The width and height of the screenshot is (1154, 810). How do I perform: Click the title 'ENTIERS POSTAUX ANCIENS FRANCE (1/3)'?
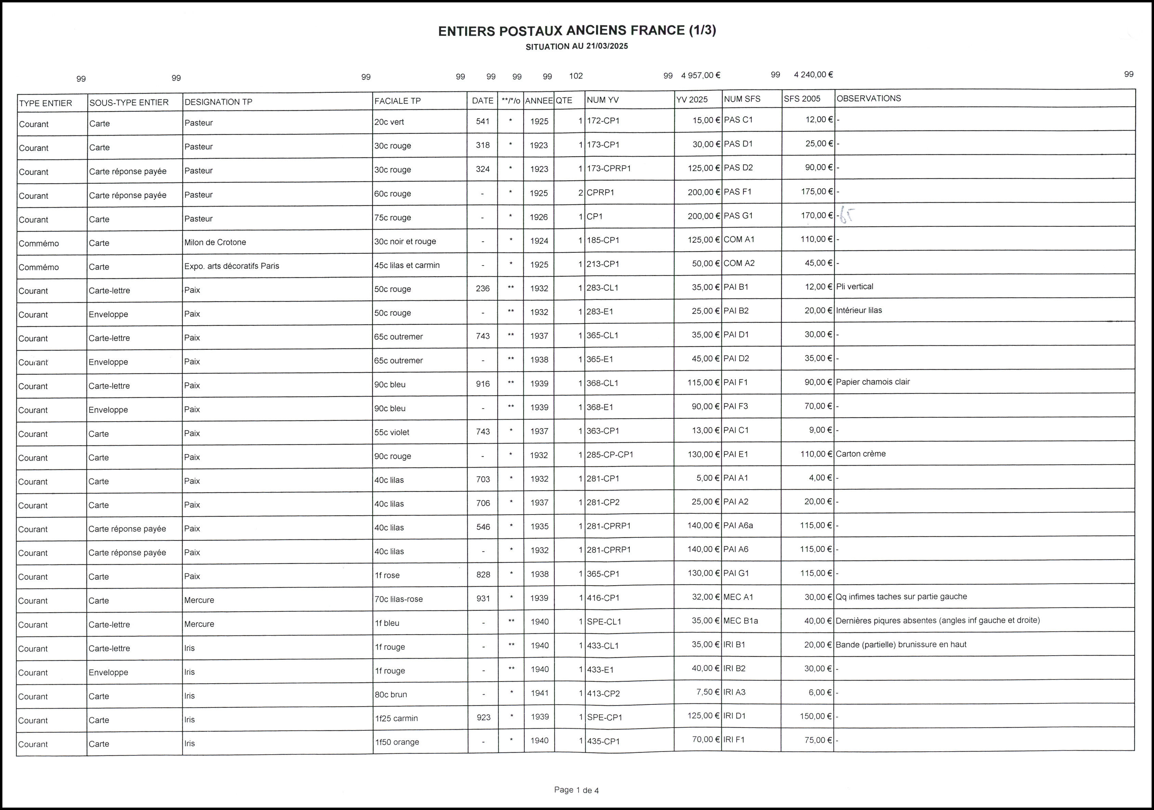click(x=576, y=31)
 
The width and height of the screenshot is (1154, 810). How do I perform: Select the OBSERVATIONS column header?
click(x=868, y=98)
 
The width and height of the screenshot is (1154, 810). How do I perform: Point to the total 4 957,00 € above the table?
click(x=700, y=75)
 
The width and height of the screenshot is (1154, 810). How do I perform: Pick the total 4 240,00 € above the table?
click(x=813, y=75)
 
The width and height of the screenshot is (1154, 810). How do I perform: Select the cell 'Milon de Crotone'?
click(x=215, y=242)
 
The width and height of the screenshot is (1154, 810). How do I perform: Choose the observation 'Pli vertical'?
click(x=854, y=287)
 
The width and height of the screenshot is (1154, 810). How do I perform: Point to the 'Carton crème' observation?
click(x=861, y=454)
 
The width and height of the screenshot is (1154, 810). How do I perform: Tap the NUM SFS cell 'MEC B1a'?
click(x=740, y=621)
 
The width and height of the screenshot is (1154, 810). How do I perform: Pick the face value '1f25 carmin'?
click(x=396, y=718)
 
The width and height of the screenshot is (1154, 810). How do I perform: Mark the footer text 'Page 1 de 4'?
click(x=576, y=790)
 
